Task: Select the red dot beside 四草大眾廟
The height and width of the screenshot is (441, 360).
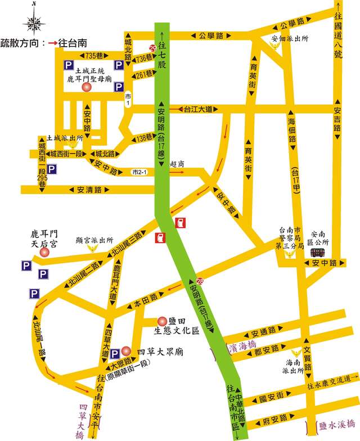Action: (x=126, y=349)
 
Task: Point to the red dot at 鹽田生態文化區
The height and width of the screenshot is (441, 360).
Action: (x=161, y=320)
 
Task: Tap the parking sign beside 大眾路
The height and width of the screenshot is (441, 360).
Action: (x=115, y=353)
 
